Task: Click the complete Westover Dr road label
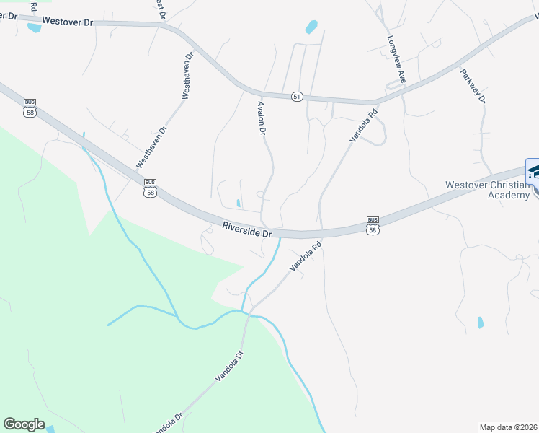pos(68,22)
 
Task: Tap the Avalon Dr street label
pos(262,119)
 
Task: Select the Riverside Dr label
pos(246,230)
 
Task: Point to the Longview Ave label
pos(397,63)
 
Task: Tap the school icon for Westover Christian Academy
pos(533,171)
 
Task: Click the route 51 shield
pos(297,97)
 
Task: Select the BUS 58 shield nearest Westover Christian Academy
pos(373,224)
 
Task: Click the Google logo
pos(24,424)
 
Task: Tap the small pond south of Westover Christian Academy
pos(481,323)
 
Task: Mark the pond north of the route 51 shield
pos(311,27)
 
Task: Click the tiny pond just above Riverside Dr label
pos(239,203)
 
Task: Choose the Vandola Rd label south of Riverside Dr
pos(305,256)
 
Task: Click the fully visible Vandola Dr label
pos(231,367)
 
